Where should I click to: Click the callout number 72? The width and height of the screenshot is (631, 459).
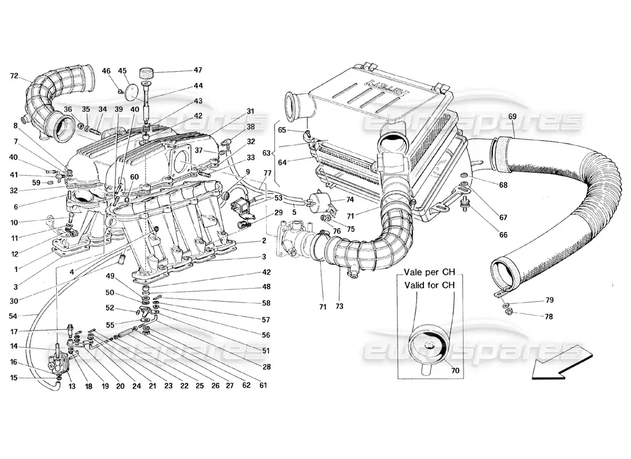(x=14, y=76)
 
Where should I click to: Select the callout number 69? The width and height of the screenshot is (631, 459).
(x=512, y=117)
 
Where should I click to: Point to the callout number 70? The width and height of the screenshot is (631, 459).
(x=455, y=371)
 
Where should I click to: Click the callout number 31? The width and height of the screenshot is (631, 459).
(x=250, y=111)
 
